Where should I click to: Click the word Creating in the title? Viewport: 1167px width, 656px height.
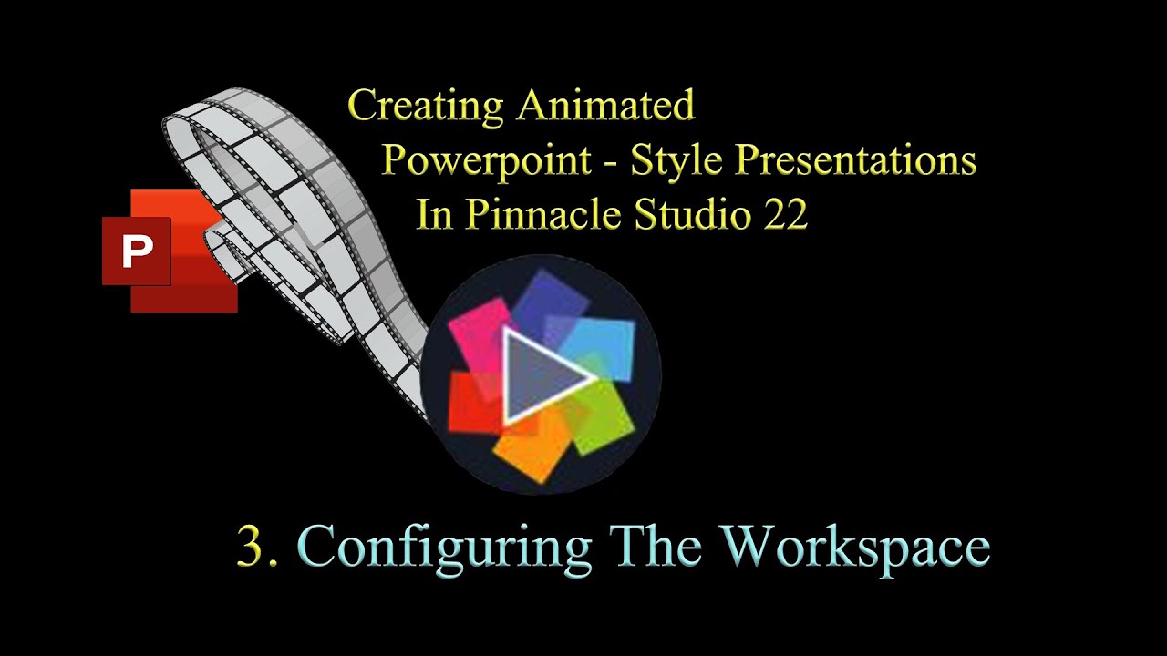tap(426, 107)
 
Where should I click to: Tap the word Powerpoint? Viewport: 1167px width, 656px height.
tap(487, 161)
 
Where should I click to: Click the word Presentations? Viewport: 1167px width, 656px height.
tap(856, 160)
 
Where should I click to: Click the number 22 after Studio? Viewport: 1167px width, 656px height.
tap(786, 214)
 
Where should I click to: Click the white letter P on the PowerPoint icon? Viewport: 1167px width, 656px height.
tap(138, 251)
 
